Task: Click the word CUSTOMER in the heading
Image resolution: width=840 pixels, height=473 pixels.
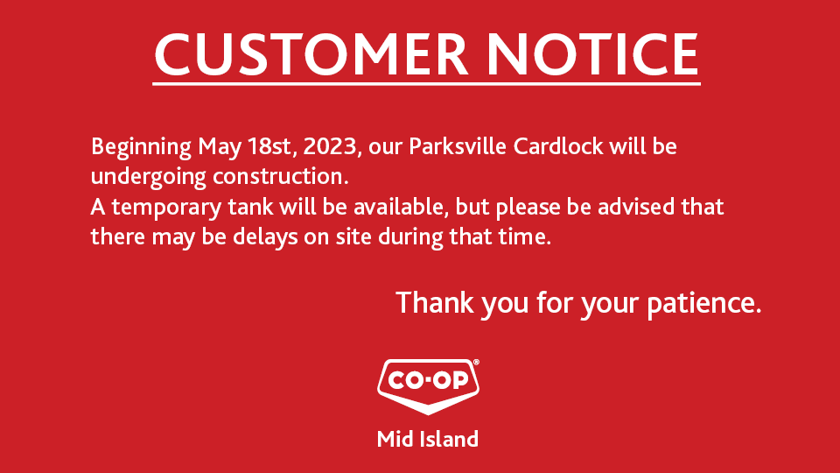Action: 311,53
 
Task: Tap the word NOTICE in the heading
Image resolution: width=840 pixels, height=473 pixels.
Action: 592,53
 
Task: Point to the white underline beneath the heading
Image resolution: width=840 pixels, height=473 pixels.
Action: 426,84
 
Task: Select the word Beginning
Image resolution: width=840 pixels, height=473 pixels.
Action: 141,147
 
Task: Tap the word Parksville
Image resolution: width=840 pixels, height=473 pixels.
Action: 458,146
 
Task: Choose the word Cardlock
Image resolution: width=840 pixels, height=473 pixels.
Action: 558,146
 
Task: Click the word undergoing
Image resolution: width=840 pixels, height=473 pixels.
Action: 149,177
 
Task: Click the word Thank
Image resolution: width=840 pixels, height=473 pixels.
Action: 435,302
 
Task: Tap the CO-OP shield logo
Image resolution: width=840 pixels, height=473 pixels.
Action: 428,386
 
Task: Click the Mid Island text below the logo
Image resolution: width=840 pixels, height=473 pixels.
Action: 428,439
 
